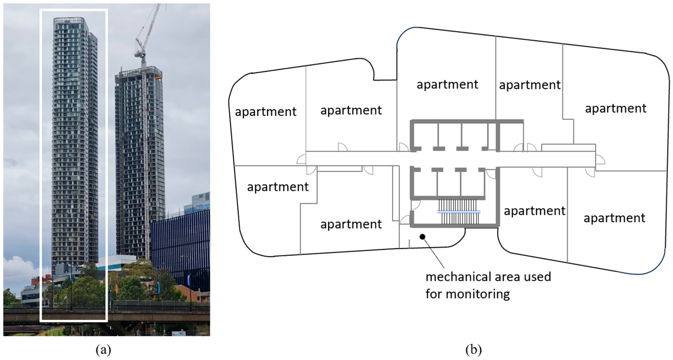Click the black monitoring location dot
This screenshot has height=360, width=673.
pos(422,237)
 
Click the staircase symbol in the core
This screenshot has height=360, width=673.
pos(459,212)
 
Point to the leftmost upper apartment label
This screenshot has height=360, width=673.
pos(265,112)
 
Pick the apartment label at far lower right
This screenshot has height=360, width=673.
pos(614,218)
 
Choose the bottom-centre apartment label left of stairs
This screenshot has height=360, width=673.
pos(351,224)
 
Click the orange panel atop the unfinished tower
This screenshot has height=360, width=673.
pos(158,77)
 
